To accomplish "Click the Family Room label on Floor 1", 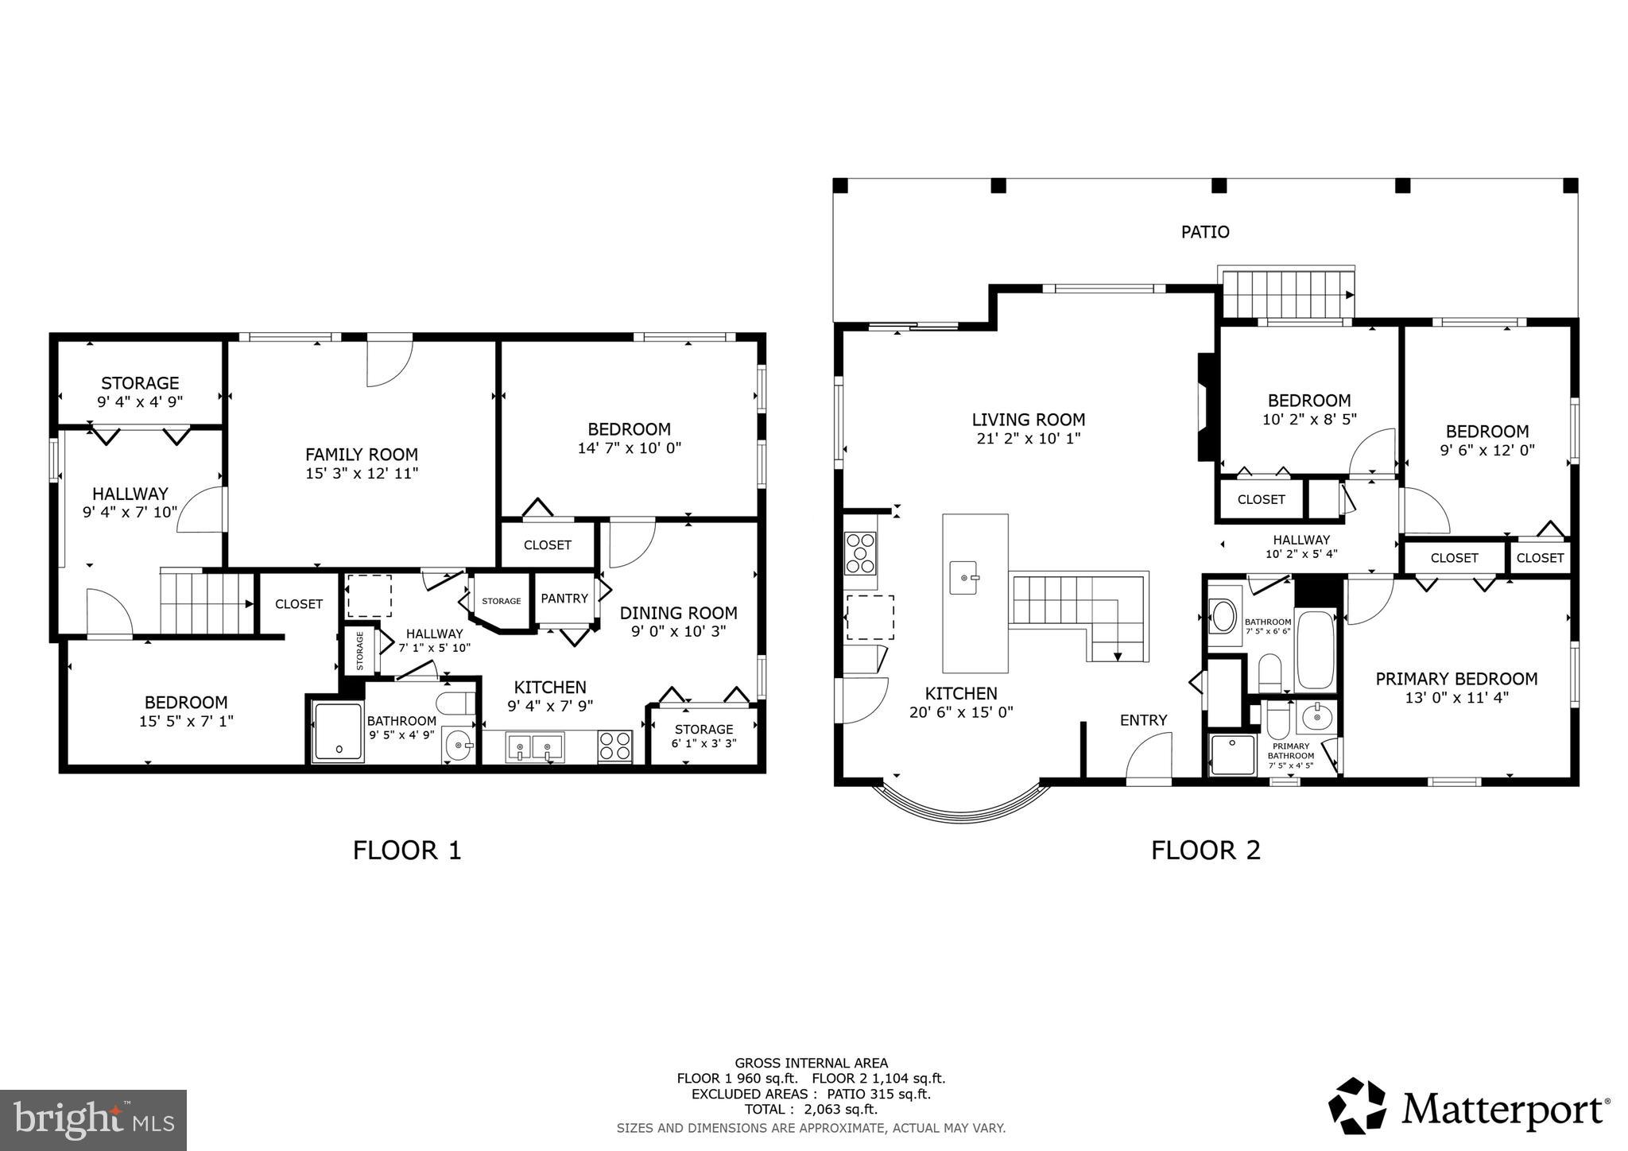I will coord(362,455).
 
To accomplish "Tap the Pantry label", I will coord(564,599).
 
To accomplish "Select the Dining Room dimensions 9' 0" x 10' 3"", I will coord(678,632).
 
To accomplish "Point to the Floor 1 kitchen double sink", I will coord(534,747).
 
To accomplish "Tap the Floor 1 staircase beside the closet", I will coord(205,603).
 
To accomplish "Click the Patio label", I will coord(1205,232).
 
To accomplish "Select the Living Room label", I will coord(1028,420).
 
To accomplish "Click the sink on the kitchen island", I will coord(965,576).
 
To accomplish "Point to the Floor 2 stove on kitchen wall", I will coord(860,552).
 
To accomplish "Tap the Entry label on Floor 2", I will coord(1143,720).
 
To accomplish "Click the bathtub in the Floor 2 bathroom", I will coord(1315,650).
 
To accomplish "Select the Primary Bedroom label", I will coord(1456,679).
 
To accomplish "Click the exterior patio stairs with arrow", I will coord(1286,294).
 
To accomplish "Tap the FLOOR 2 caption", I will coord(1205,851).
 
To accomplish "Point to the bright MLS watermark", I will coord(93,1120).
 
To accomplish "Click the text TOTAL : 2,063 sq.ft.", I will coord(811,1110).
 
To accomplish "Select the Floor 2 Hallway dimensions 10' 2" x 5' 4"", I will coord(1301,554).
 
